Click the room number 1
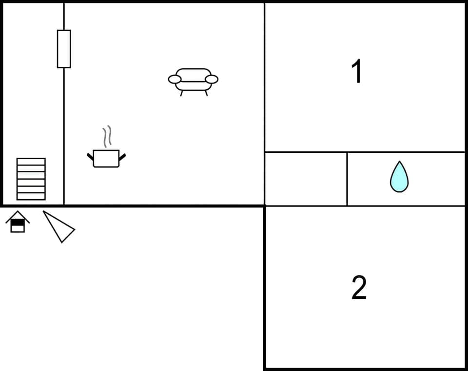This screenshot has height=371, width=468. pos(357,72)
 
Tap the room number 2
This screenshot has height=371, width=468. pos(359,288)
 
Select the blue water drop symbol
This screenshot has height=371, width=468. pos(399,177)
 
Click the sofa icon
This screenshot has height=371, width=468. pos(193,81)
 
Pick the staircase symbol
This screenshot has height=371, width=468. pos(31,179)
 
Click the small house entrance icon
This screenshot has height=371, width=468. pos(18,222)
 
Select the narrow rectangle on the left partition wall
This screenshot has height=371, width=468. pos(64,49)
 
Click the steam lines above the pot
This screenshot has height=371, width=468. pos(107,136)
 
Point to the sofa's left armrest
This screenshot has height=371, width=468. pos(175,79)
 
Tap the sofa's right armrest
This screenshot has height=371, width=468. pos(212,79)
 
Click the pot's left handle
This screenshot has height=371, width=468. pos(90,157)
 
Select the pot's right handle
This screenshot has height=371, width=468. pos(122,157)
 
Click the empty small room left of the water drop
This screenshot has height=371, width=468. pos(306,179)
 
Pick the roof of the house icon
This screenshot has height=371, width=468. pos(18,215)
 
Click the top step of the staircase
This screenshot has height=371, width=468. pos(31,162)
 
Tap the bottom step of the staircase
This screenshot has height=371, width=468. pos(31,196)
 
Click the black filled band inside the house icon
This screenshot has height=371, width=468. pos(18,222)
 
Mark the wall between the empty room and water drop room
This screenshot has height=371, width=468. pos(347,179)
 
